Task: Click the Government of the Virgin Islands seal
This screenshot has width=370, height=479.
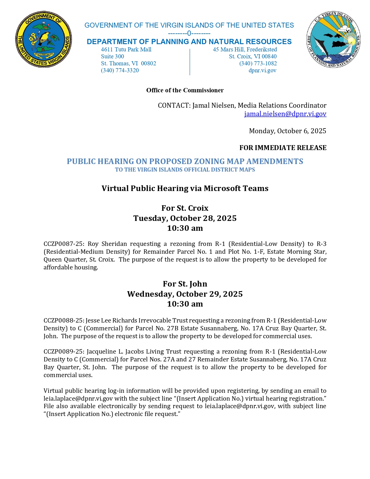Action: pos(44,39)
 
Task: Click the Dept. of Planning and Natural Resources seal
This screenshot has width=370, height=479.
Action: pos(333,39)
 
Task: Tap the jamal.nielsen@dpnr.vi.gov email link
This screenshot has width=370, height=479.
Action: pos(285,114)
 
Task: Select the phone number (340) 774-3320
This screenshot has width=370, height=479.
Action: pos(120,70)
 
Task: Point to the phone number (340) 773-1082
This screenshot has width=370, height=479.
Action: pos(258,63)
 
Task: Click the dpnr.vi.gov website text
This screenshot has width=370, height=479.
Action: pos(262,70)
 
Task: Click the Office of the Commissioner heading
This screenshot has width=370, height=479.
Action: pos(185,90)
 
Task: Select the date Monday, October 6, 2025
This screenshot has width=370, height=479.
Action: pos(287,131)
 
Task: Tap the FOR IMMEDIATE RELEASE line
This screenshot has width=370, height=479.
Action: pos(283,148)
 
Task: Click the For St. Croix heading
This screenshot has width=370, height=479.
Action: pos(185,208)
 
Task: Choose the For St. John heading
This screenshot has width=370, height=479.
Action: pos(185,284)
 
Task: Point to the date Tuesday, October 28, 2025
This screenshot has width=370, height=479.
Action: pos(185,218)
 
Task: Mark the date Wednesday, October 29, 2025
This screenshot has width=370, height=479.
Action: pos(185,294)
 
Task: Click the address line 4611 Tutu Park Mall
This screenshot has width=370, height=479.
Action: pos(126,49)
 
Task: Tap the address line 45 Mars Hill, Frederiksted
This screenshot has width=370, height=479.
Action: pos(245,49)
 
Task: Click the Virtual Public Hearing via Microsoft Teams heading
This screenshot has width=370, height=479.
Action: pos(185,188)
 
